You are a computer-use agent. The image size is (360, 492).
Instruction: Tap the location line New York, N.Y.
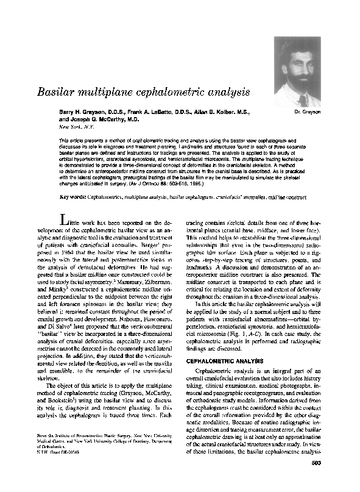76,128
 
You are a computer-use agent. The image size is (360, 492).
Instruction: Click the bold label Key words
72,197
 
